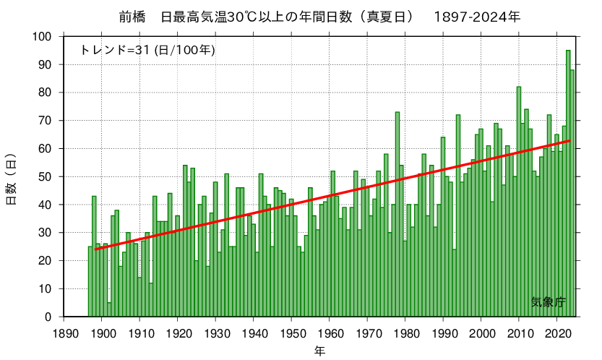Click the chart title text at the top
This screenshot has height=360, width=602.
coord(319,17)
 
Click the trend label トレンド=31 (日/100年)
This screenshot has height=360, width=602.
coord(147,50)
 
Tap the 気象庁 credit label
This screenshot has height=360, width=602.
coord(548,302)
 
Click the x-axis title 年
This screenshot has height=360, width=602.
coord(319,351)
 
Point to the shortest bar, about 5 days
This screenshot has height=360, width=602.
coord(109,310)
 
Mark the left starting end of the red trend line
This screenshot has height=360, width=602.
coord(95,249)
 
